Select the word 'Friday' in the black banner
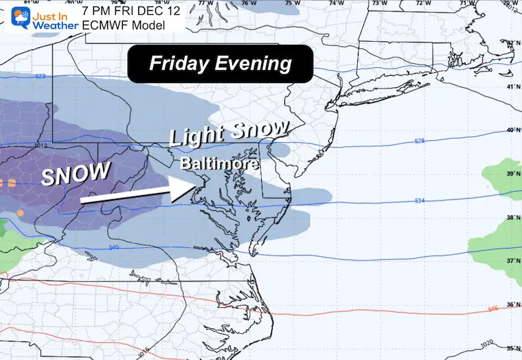point(181,64)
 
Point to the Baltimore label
point(220,165)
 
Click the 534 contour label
point(420,201)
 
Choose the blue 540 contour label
point(114,247)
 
